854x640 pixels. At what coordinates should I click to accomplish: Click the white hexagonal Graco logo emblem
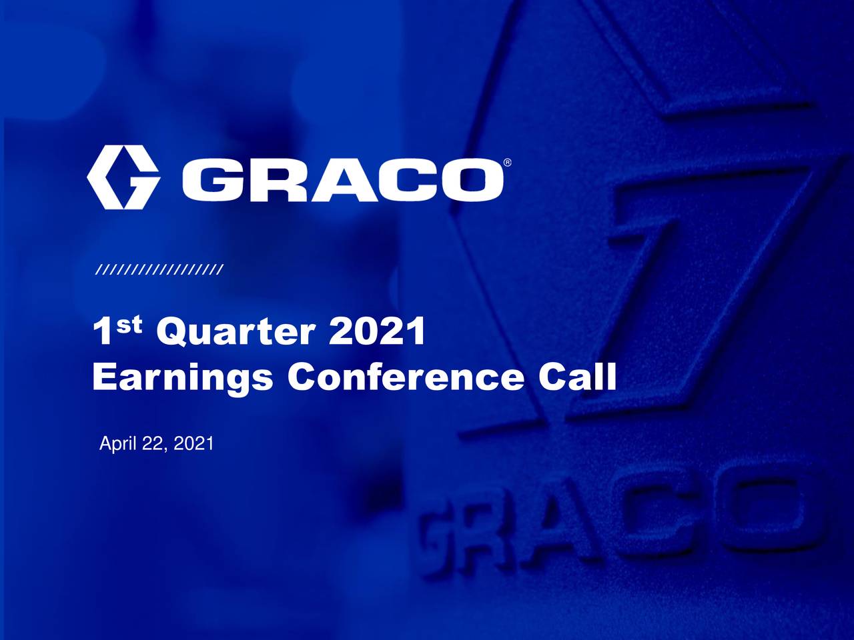[x=123, y=177]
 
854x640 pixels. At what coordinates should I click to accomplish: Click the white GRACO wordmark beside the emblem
[x=343, y=179]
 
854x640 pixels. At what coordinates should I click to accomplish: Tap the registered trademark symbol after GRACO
[x=507, y=163]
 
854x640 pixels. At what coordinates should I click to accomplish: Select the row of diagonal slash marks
[x=159, y=270]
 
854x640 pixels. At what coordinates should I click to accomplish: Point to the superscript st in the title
[x=129, y=325]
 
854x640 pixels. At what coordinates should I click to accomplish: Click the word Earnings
[x=182, y=378]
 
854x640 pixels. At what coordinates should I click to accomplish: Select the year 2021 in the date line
[x=193, y=444]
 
